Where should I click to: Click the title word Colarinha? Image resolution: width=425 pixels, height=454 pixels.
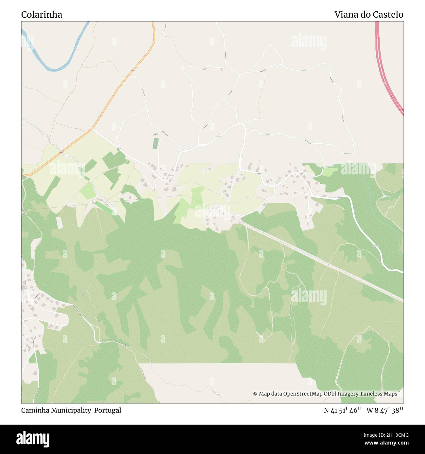[x=42, y=15]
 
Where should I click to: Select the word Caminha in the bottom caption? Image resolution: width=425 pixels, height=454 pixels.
[x=35, y=410]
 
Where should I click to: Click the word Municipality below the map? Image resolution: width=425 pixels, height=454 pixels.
[x=71, y=410]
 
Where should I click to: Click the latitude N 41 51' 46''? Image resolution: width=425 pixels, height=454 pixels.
[x=343, y=410]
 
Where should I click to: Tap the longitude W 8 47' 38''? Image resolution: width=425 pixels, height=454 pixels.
[x=385, y=410]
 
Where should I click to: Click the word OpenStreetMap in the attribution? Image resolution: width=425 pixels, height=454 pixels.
[x=303, y=394]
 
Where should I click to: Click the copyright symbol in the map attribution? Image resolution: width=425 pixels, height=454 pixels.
[x=255, y=394]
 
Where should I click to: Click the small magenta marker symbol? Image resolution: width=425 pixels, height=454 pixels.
[x=221, y=69]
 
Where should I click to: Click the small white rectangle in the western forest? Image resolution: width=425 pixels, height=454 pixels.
[x=59, y=222]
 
